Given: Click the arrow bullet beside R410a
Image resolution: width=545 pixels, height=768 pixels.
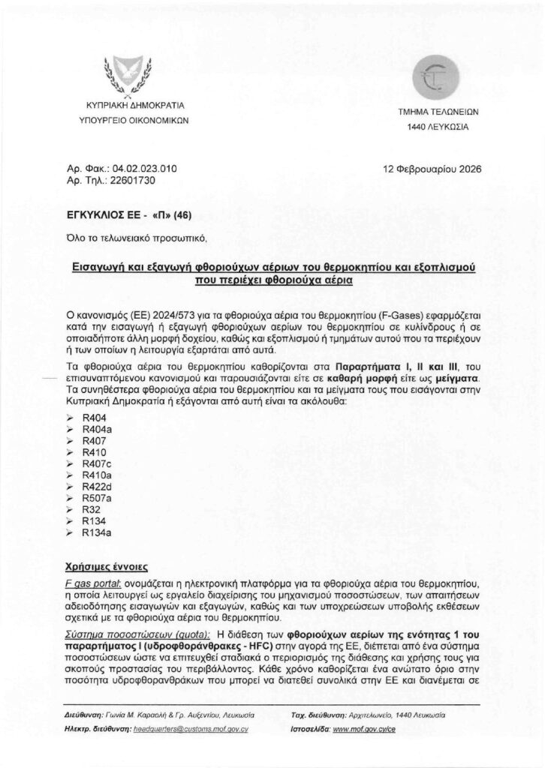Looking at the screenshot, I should (x=70, y=475).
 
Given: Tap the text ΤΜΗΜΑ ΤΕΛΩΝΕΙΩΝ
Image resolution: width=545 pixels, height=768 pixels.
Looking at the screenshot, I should (x=438, y=111).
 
